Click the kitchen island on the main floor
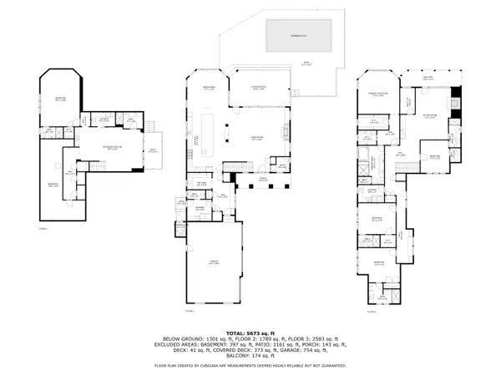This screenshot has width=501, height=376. (x=225, y=130)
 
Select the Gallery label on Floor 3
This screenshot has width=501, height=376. (x=429, y=78)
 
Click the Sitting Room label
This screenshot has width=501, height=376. (x=430, y=117)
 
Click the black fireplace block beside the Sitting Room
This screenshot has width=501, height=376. (x=455, y=96)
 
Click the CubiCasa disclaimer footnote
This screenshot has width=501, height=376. (x=250, y=365)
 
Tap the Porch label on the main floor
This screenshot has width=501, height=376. (x=262, y=177)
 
